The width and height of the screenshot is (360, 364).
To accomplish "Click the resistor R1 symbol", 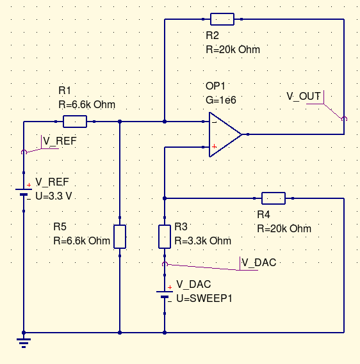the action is tap(75, 122).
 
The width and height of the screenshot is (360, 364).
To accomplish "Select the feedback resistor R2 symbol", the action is tap(222, 19).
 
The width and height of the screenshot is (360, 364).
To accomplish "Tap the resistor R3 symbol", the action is tap(165, 237).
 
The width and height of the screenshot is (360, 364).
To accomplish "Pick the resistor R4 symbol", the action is tap(274, 198).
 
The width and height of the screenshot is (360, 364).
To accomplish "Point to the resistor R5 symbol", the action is tap(120, 237).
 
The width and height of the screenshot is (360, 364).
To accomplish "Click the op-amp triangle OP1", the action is tap(225, 134).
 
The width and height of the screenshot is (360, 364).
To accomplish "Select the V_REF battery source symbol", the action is tap(24, 192).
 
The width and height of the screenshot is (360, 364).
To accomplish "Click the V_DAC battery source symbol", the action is tap(165, 294).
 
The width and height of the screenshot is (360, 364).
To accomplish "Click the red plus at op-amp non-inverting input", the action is tap(214, 146).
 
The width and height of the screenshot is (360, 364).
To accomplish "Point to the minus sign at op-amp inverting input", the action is tap(215, 122).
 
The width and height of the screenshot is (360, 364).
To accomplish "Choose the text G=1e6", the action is tap(221, 100).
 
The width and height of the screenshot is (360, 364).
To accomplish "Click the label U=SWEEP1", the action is tap(204, 298).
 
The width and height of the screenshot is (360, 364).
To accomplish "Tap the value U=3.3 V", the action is tap(54, 196).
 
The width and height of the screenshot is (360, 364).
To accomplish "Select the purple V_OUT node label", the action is tap(304, 96).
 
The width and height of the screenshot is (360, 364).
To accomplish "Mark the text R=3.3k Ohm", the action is tap(202, 241).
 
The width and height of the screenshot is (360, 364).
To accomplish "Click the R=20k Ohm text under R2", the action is tap(233, 49).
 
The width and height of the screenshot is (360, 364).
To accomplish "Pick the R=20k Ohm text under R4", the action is tap(284, 228).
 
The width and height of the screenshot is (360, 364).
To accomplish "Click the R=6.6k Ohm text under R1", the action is tap(87, 104).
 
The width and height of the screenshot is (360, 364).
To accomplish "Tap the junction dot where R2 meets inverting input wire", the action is tap(165, 122).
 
